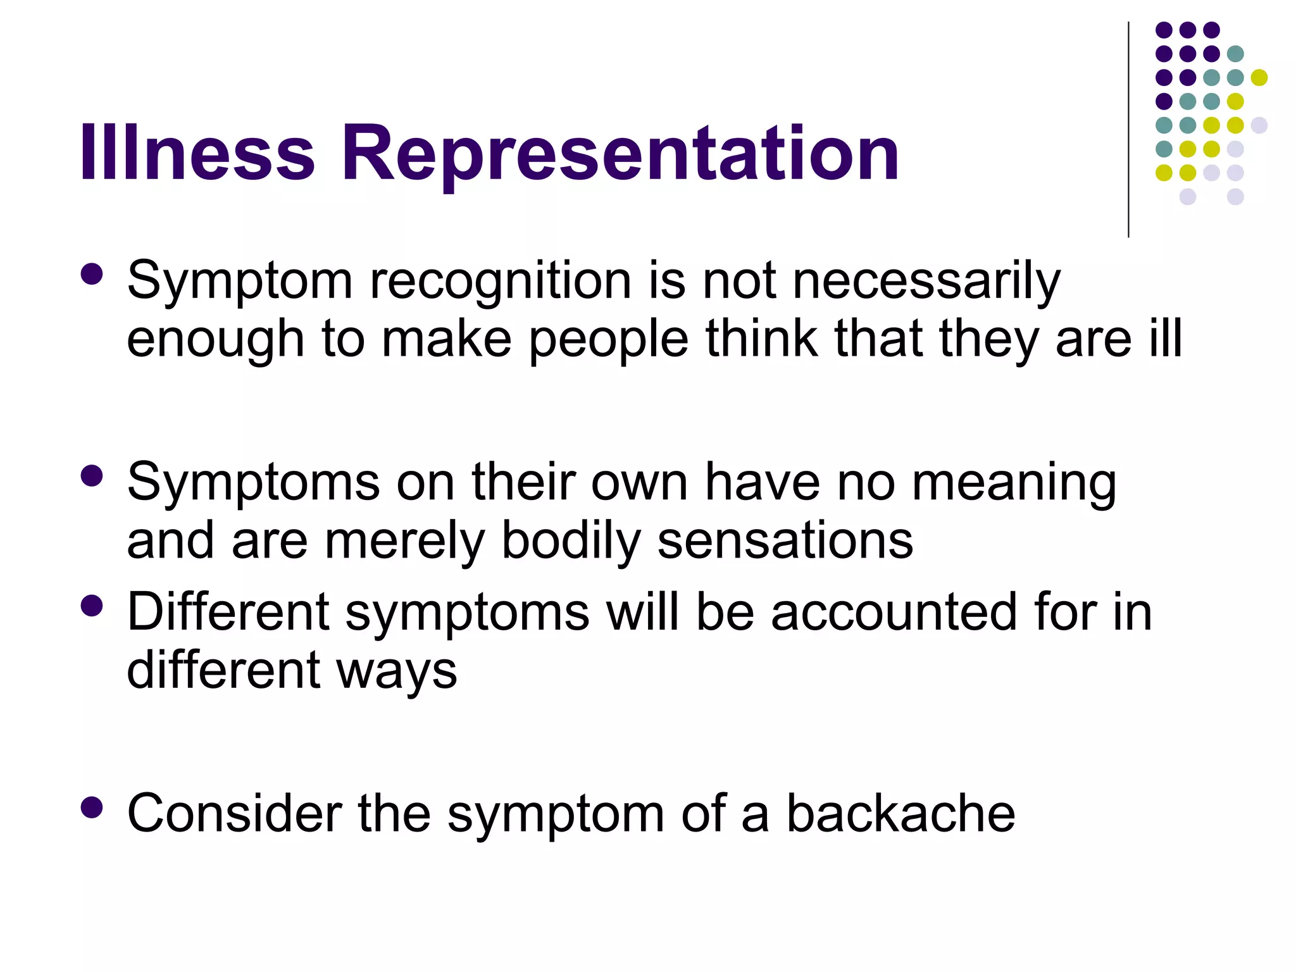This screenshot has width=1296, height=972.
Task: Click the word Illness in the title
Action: pos(197,153)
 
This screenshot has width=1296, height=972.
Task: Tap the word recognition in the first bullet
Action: pos(501,282)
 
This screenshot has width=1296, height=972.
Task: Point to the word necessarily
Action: pos(926,282)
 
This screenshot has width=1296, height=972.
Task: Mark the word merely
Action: pos(404,543)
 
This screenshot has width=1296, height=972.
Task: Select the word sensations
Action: pos(785,542)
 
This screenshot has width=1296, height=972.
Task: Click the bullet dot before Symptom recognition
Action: pos(92,275)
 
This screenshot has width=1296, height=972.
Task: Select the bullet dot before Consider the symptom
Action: pos(92,807)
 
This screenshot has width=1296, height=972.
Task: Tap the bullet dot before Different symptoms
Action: pos(92,606)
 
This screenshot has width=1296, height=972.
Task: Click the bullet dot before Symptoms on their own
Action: pos(92,476)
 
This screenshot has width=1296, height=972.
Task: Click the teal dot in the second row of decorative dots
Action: pos(1235,54)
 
